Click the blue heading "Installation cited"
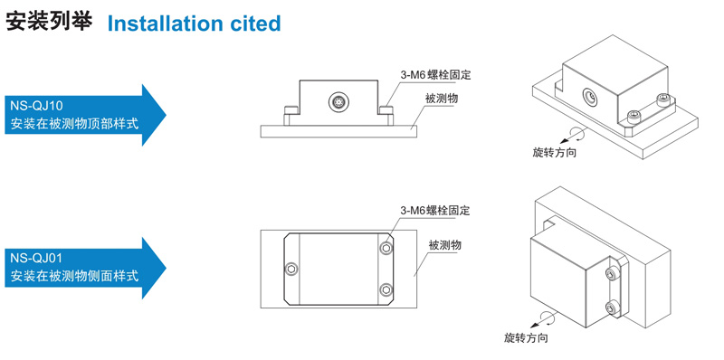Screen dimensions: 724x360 pos(194,24)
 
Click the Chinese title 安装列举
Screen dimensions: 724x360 pos(50,22)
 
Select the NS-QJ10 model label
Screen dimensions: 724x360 pos(36,106)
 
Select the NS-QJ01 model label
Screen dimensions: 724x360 pos(36,258)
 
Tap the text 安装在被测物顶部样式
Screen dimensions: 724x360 pos(74,124)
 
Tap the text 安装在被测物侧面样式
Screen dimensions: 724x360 pos(74,277)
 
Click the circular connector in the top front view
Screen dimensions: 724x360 pos(338,101)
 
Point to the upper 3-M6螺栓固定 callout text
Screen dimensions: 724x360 pos(435,74)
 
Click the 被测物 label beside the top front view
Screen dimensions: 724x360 pos(442,99)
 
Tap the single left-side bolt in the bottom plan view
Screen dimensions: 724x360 pos(291,269)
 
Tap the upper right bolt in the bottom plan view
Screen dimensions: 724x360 pos(386,249)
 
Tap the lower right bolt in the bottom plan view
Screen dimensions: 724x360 pos(386,289)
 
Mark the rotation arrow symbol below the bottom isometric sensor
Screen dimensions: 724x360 pos(541,319)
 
